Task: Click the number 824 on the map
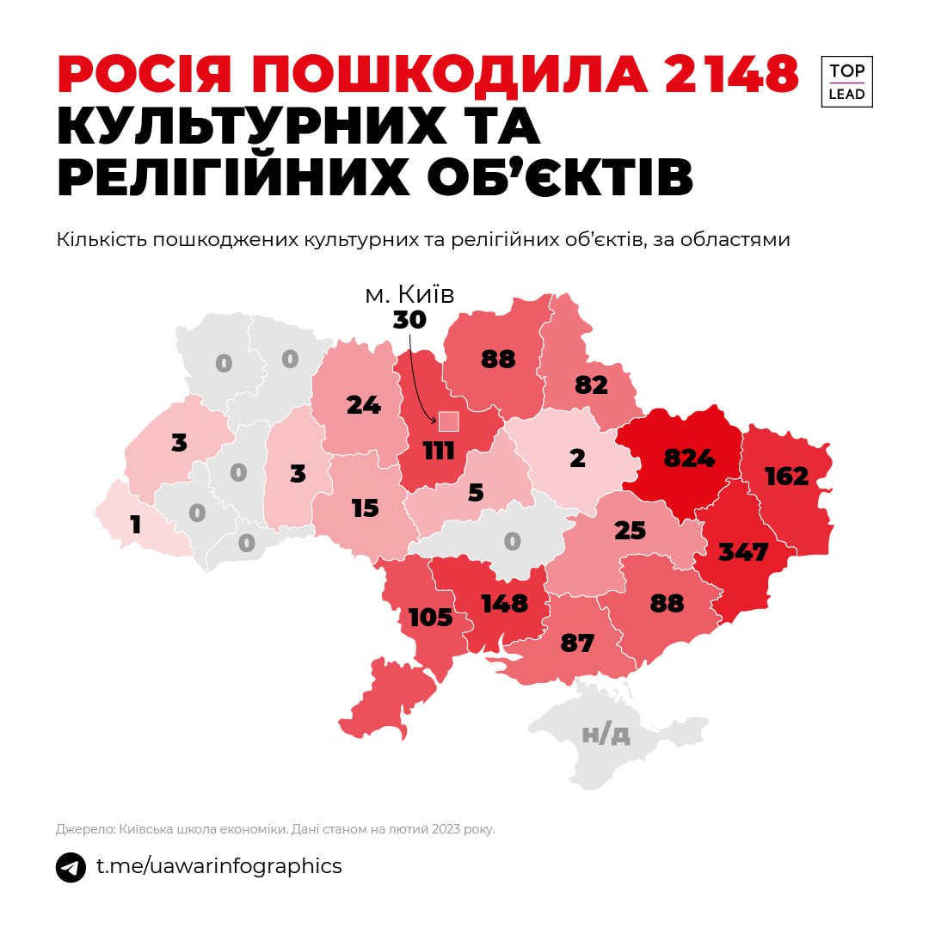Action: pos(689,458)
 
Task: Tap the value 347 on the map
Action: pos(744,551)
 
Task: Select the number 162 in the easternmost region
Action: pos(786,476)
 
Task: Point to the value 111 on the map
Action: pos(439,449)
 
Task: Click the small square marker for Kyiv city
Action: pos(449,421)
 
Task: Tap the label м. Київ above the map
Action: pos(409,295)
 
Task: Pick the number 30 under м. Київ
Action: pos(409,320)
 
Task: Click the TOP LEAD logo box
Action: pos(846,82)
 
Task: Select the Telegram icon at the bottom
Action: pos(71,867)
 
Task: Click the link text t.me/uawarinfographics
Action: pos(218,866)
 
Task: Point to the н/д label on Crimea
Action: pos(606,734)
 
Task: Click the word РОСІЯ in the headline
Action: pos(145,76)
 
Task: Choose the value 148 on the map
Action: pos(504,603)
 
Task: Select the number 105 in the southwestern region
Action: pos(430,617)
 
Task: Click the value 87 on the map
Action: pos(577,643)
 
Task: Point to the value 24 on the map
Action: pos(363,404)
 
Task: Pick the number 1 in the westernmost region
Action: pos(136,524)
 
